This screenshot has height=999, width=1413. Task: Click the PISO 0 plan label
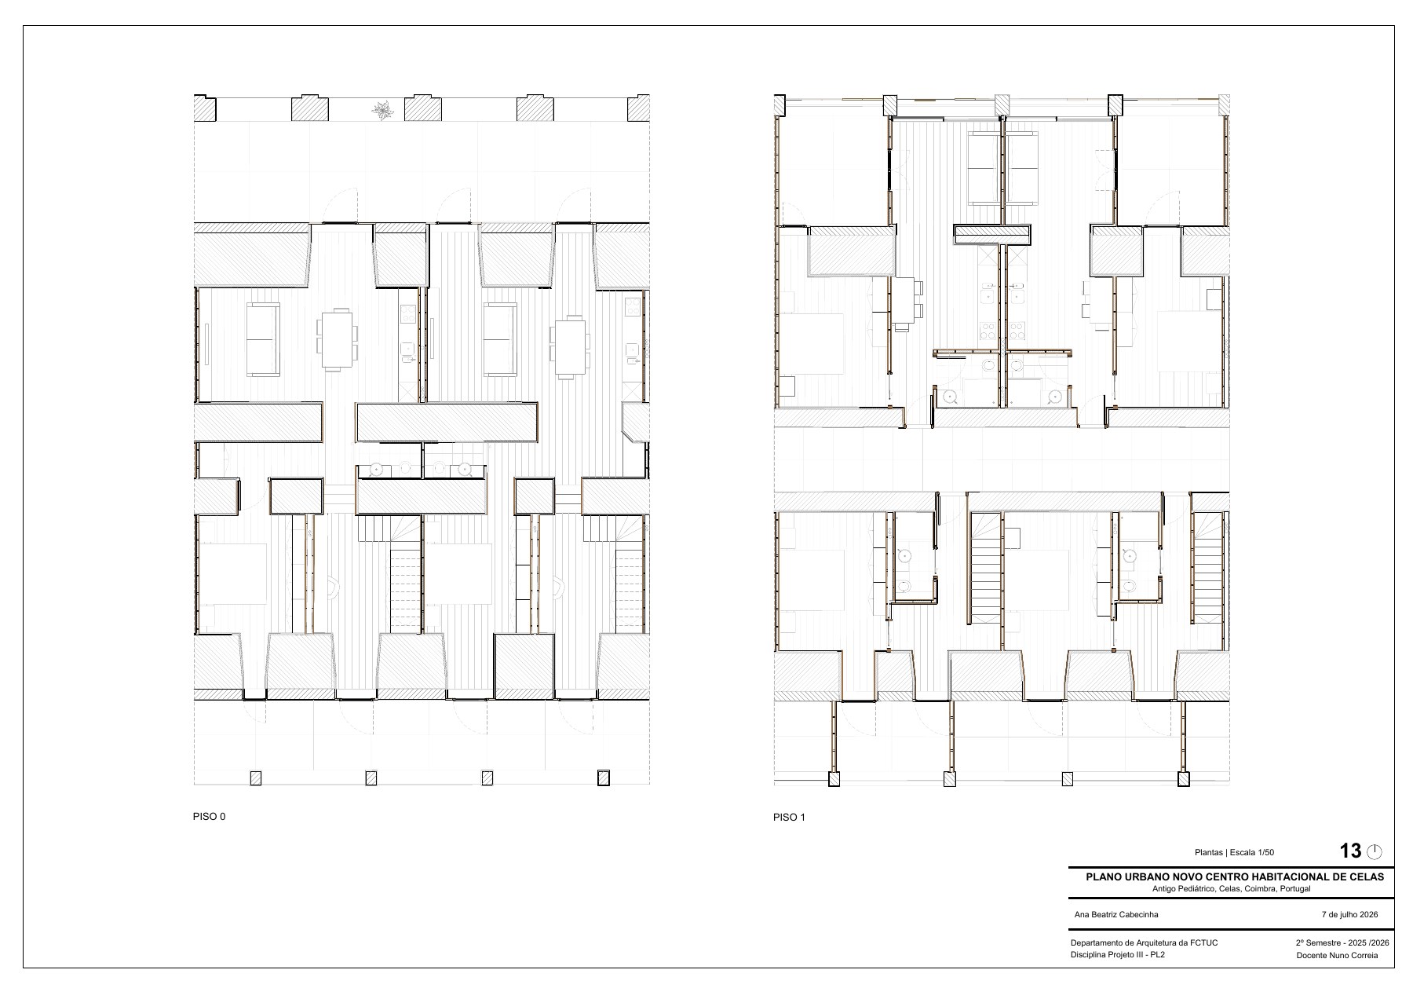click(209, 816)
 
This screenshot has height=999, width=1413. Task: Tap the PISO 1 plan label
click(789, 817)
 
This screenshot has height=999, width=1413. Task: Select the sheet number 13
click(1350, 851)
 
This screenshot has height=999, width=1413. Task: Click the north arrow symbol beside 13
click(1374, 851)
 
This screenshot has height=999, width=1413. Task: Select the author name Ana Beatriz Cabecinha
click(1115, 914)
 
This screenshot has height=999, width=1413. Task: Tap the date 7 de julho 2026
click(1349, 914)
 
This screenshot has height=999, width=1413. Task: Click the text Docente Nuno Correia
click(1337, 956)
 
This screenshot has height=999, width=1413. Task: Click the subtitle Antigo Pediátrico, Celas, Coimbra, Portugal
click(1232, 889)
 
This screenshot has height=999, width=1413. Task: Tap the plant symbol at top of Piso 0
click(383, 111)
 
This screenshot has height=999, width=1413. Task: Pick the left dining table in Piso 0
click(338, 339)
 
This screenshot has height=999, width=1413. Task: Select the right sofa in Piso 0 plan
click(499, 340)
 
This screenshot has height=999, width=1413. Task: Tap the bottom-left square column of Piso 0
click(255, 778)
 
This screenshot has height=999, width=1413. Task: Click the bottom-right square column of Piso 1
click(1183, 779)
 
